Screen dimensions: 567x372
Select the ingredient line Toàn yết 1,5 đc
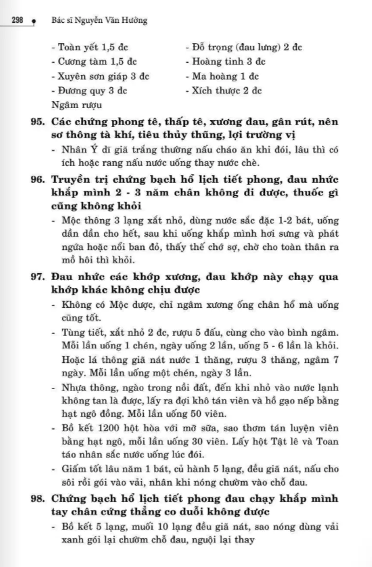[93, 48]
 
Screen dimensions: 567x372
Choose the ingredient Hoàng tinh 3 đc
[228, 62]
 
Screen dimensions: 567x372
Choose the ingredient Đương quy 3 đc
[93, 91]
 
